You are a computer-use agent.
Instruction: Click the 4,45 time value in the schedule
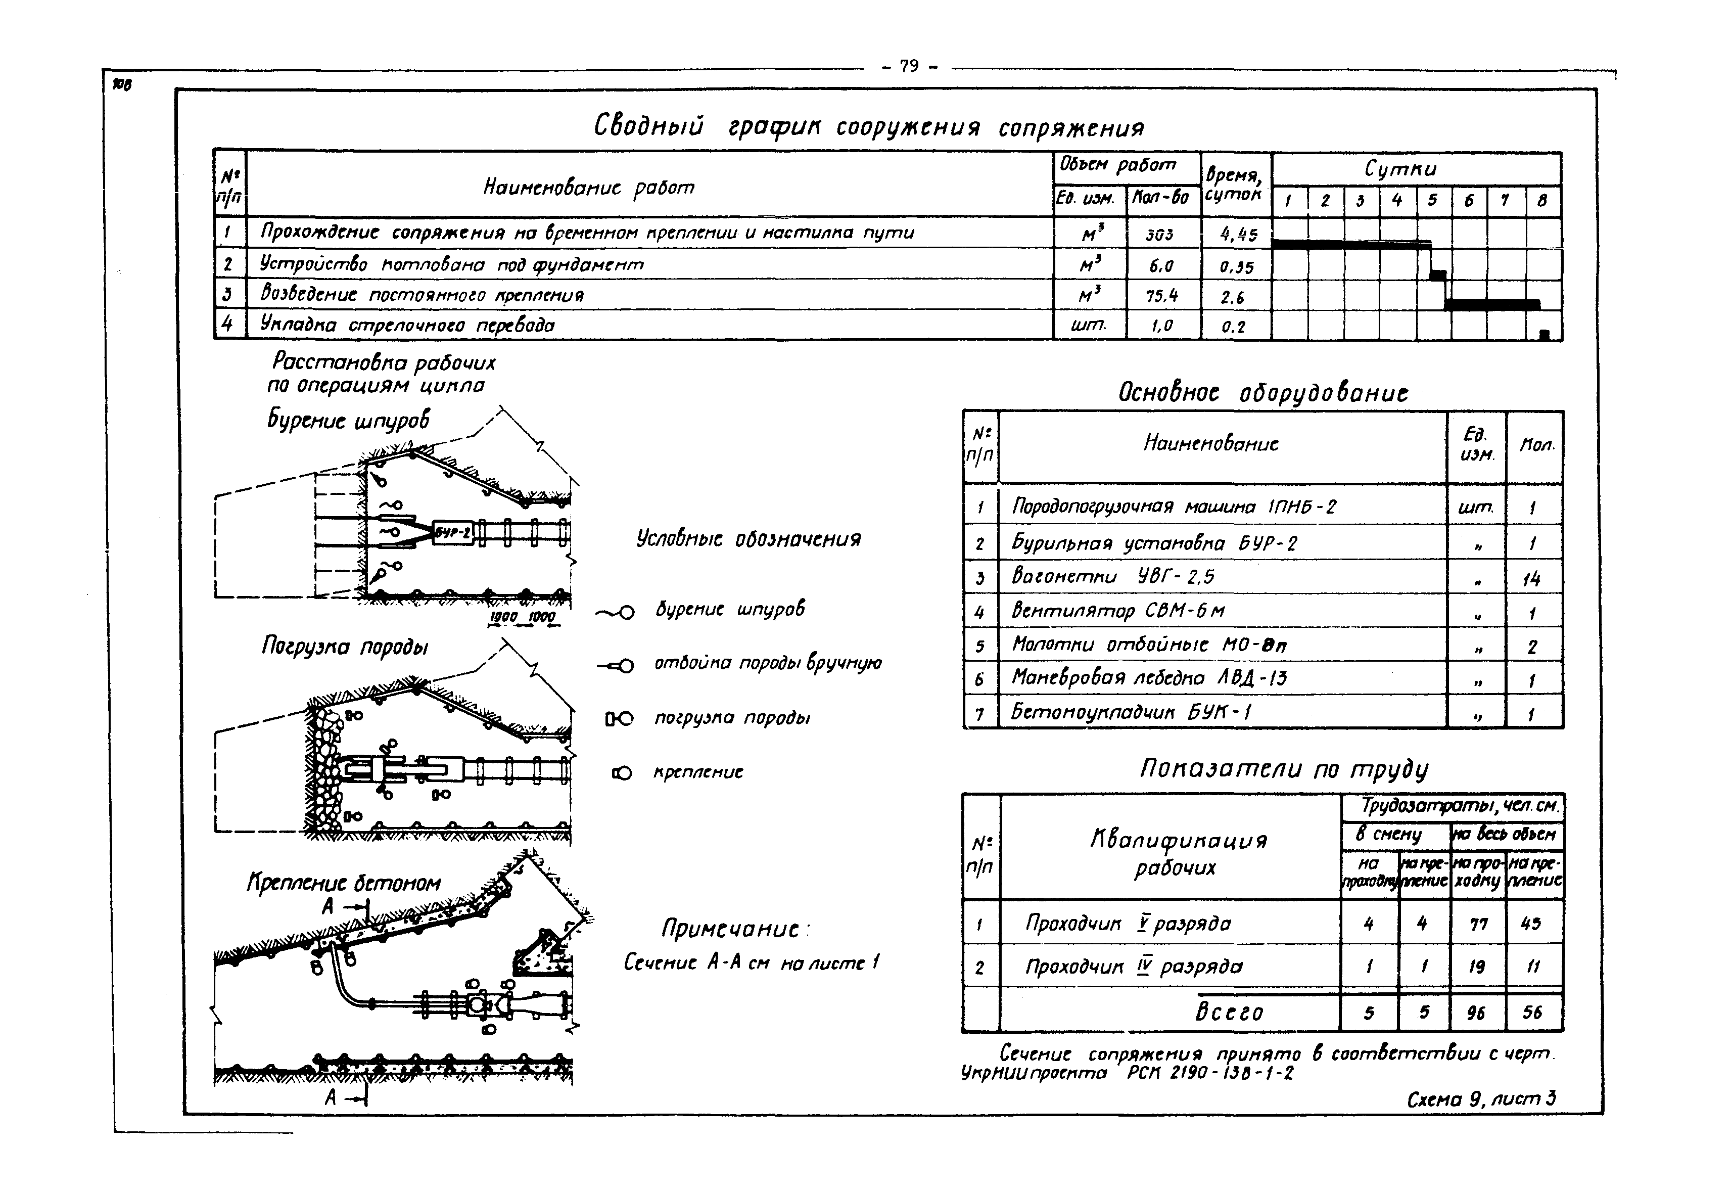coord(1238,234)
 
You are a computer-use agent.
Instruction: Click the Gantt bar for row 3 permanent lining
coord(1491,304)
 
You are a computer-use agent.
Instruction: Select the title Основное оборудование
coord(1262,393)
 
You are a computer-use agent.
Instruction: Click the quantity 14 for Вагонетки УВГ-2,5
coord(1531,578)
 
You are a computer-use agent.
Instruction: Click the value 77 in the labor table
coord(1478,925)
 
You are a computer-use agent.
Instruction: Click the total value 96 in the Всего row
coord(1476,1013)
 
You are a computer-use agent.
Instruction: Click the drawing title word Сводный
coord(648,126)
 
